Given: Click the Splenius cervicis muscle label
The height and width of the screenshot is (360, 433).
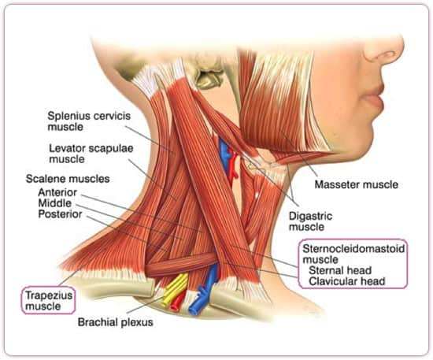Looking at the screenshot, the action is (89, 121).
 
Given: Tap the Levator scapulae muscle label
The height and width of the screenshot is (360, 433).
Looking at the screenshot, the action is (91, 154).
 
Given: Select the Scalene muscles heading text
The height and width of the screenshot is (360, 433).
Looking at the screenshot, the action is (68, 179).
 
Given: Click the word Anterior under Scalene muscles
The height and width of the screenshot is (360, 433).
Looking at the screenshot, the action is (57, 192).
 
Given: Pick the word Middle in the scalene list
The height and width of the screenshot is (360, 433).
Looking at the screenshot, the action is (54, 203).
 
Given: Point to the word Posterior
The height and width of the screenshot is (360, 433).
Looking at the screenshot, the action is (60, 214).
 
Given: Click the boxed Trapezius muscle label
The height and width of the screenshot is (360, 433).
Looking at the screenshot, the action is (49, 301).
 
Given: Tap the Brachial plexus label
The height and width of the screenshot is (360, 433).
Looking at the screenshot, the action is (116, 322).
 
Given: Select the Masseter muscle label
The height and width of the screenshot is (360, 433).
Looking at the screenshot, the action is (357, 184).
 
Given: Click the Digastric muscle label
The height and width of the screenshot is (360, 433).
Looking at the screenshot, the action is (310, 221).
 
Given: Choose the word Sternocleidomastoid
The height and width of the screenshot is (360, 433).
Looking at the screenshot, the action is (353, 249).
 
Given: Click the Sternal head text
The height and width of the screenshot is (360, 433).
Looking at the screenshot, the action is (340, 270).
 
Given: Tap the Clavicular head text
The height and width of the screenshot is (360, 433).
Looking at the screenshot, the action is (347, 281).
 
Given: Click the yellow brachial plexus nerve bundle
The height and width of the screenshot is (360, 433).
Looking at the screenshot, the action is (176, 289).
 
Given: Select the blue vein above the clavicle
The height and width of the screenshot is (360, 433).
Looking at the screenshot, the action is (204, 289).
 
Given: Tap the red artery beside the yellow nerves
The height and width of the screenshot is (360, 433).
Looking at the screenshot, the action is (179, 302).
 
